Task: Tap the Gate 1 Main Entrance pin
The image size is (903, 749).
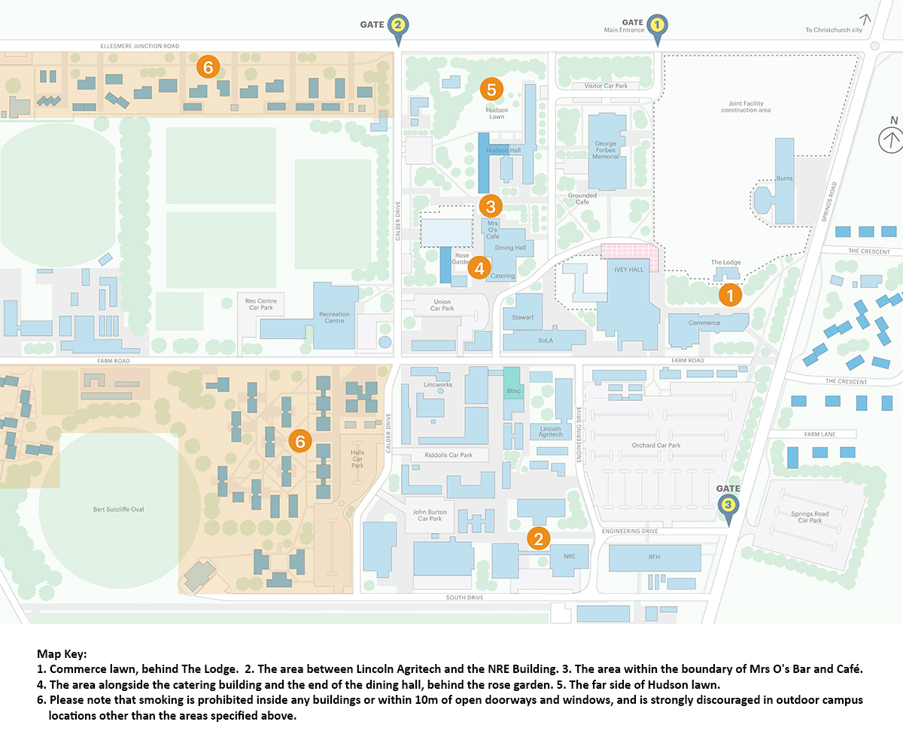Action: [x=657, y=25]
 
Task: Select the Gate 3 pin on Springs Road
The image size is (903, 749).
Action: [x=728, y=505]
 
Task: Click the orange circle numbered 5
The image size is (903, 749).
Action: [x=491, y=90]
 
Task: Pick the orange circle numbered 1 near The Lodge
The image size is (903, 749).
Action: [x=729, y=294]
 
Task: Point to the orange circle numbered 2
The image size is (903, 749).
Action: [x=539, y=537]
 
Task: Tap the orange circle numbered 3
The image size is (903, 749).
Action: [x=490, y=206]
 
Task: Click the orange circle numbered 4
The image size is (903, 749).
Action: [x=479, y=266]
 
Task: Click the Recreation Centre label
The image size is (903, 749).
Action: [x=334, y=317]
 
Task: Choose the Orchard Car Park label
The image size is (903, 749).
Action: [x=655, y=445]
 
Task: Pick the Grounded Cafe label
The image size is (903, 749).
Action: [x=582, y=199]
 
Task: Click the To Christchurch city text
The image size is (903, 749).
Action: [x=833, y=30]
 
